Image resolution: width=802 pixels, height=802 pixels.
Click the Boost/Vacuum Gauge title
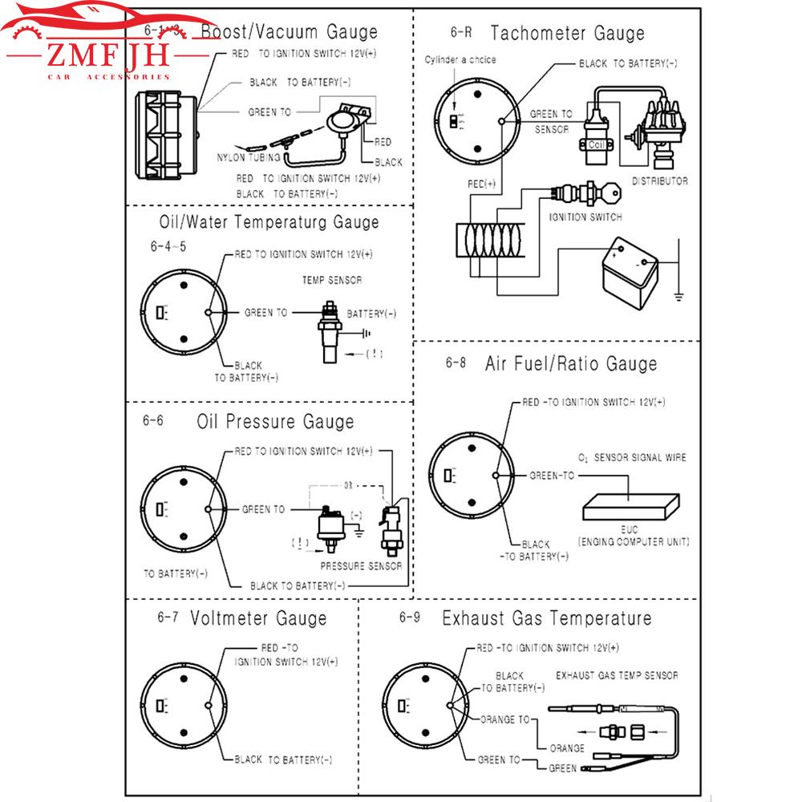click(x=288, y=32)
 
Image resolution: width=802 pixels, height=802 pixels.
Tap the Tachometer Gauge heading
click(x=567, y=34)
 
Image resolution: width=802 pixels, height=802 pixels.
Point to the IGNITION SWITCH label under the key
click(x=585, y=217)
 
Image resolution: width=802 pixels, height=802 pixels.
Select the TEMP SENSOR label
click(x=331, y=281)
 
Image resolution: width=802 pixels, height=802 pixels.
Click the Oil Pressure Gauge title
click(x=274, y=421)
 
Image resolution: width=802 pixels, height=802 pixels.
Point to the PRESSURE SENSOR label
click(x=361, y=565)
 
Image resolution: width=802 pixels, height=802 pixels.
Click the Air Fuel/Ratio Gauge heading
click(x=570, y=363)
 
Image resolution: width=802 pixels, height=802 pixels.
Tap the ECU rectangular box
click(x=630, y=507)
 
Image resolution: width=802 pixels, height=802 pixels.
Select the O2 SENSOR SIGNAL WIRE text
click(x=632, y=458)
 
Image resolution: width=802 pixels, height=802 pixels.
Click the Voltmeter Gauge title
click(x=258, y=618)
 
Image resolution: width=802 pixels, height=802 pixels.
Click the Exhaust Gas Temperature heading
click(x=546, y=618)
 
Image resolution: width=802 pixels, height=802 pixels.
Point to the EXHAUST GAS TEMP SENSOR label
click(x=617, y=675)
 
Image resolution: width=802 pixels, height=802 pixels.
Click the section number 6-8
click(x=455, y=363)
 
